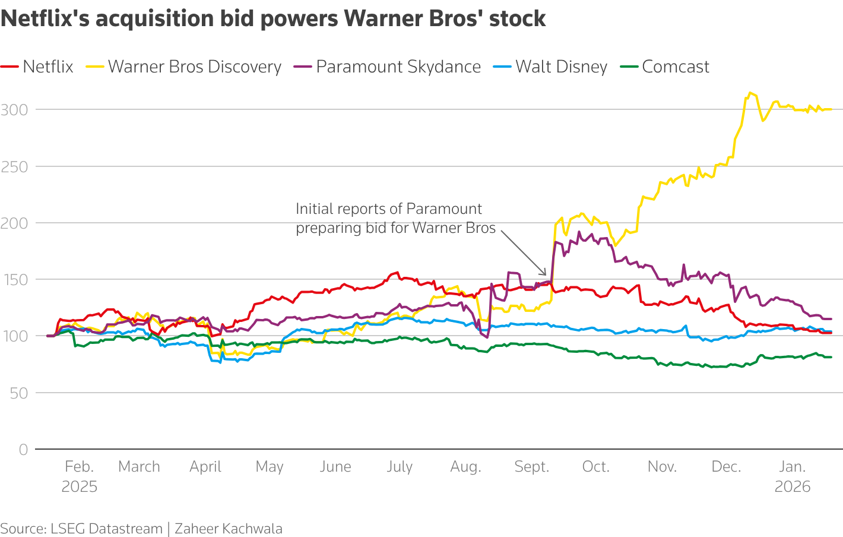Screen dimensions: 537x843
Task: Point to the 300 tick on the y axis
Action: point(14,109)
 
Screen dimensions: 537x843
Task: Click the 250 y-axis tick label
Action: point(14,166)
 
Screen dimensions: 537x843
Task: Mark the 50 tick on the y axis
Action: point(18,393)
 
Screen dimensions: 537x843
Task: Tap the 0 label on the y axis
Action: point(23,450)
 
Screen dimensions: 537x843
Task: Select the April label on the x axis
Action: point(205,467)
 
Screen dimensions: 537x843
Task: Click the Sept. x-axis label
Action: point(531,467)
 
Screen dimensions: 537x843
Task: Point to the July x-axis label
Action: point(400,467)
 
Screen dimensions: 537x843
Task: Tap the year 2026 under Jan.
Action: point(793,487)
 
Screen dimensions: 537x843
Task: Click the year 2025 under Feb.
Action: point(79,487)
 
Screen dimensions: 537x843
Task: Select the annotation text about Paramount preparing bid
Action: point(395,218)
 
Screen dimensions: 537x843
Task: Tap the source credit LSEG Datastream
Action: point(106,529)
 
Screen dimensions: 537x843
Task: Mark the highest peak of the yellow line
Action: point(750,93)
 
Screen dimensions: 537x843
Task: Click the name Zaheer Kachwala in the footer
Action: point(229,529)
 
